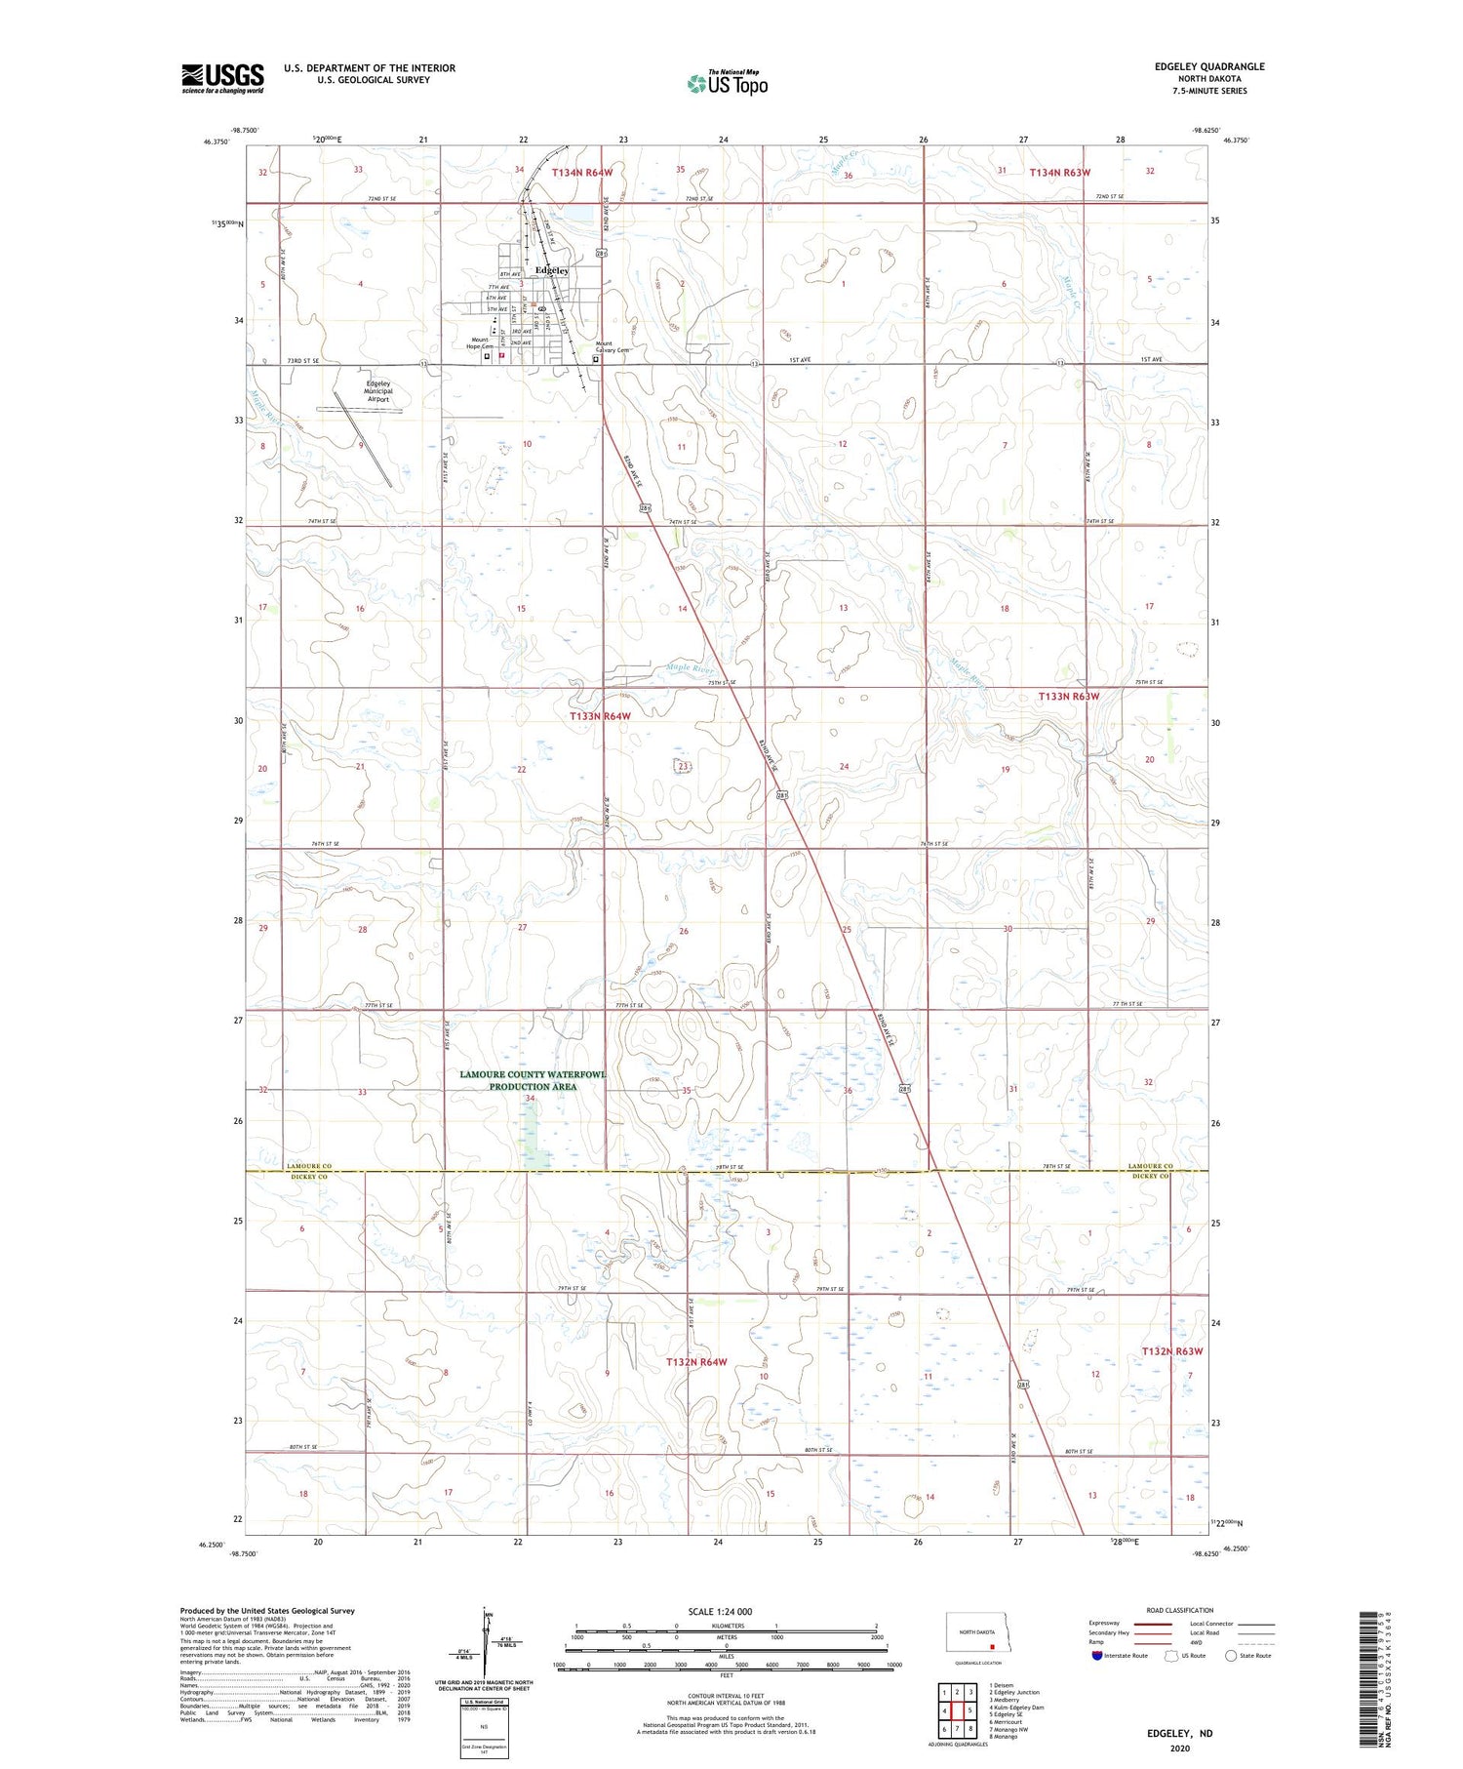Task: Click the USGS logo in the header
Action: point(222,78)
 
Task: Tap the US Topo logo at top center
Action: point(727,84)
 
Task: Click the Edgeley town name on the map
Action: point(551,270)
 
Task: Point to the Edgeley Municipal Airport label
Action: point(378,391)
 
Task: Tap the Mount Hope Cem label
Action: point(480,343)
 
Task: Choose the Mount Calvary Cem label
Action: point(613,346)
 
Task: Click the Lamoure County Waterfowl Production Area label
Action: point(533,1080)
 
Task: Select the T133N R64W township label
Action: point(600,716)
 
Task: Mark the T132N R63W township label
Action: point(1172,1351)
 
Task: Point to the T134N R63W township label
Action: point(1059,173)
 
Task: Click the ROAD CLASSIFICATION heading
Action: point(1179,1610)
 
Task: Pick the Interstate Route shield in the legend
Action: point(1097,1656)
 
